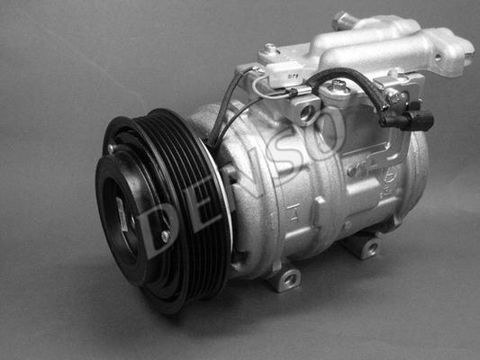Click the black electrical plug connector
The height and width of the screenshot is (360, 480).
pyautogui.click(x=407, y=119)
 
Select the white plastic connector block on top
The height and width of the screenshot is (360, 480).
pyautogui.click(x=285, y=74)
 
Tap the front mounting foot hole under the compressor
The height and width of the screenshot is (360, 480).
pyautogui.click(x=288, y=278)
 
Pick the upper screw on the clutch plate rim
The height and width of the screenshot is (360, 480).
pyautogui.click(x=111, y=148)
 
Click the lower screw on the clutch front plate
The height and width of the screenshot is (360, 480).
pyautogui.click(x=166, y=236)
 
